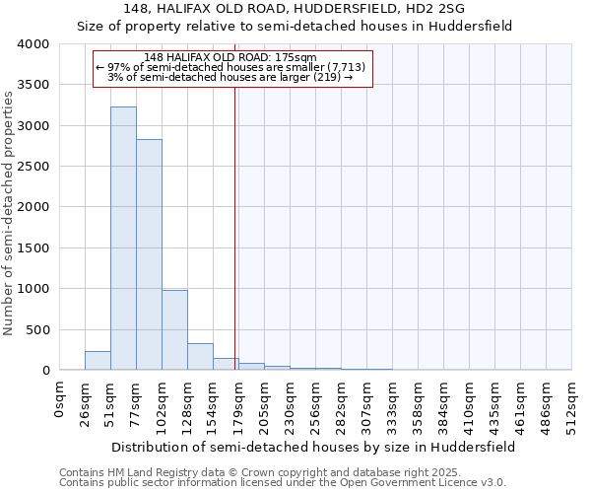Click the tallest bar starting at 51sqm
[x=123, y=238]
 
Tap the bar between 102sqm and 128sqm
[x=174, y=329]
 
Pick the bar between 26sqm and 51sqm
[x=98, y=361]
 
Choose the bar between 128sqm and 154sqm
[x=200, y=357]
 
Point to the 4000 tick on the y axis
[x=32, y=44]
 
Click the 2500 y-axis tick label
[x=32, y=167]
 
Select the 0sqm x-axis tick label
[x=60, y=399]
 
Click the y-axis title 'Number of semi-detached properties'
[x=9, y=212]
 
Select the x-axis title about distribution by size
[x=313, y=447]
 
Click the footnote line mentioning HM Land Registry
[x=259, y=473]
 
